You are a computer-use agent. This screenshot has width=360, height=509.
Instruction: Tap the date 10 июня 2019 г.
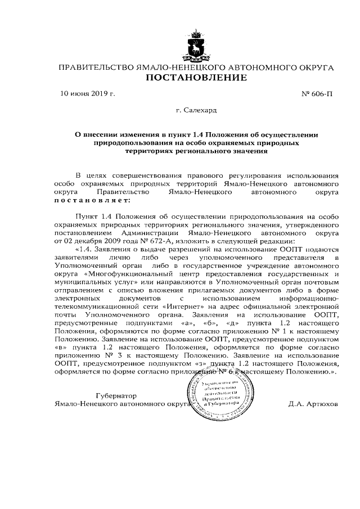tap(87, 93)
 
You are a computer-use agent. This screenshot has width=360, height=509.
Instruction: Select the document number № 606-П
tap(318, 93)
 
